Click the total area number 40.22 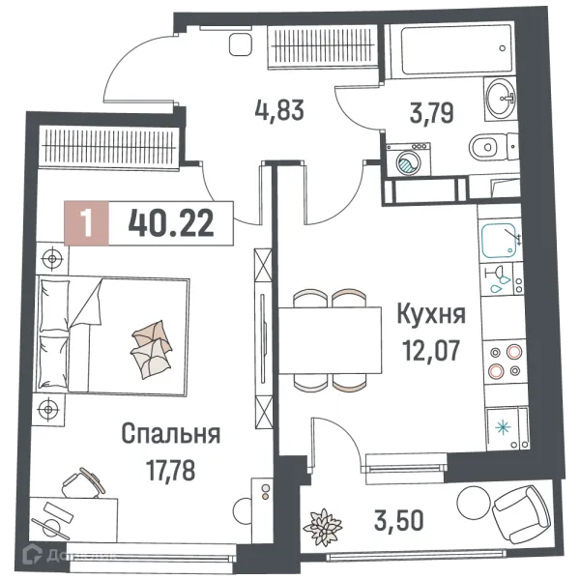pos(169,224)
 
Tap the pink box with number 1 pos(89,224)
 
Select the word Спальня pos(171,434)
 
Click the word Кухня pos(431,314)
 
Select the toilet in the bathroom pos(487,148)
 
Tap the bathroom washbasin pos(501,94)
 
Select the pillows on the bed pos(150,346)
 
